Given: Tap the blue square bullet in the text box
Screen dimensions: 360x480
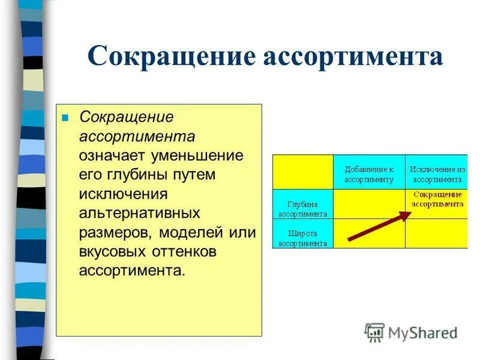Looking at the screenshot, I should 66,117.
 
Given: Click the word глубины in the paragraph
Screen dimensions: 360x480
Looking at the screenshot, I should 134,174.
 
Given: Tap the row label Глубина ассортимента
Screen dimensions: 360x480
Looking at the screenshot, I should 302,208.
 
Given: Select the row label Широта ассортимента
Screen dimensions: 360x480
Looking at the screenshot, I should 302,238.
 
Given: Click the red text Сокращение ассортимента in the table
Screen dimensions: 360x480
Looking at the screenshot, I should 437,199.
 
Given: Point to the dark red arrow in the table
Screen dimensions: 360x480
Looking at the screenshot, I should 376,226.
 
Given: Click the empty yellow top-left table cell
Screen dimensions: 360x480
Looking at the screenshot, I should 302,172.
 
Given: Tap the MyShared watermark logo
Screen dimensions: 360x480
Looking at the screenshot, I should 411,332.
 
